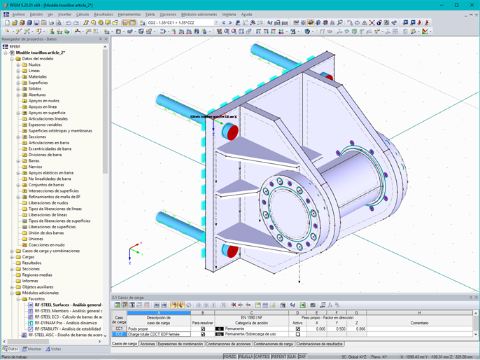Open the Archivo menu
(x=17, y=14)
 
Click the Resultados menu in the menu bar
(x=103, y=14)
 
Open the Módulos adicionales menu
(x=199, y=14)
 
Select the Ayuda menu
(x=246, y=14)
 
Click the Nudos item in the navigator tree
(x=34, y=64)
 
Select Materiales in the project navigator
(x=38, y=76)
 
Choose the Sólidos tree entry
(x=36, y=89)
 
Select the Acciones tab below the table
(x=148, y=344)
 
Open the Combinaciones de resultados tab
(x=318, y=344)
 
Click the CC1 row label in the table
(x=119, y=328)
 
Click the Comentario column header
(x=419, y=322)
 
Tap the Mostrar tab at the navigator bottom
(x=34, y=349)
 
